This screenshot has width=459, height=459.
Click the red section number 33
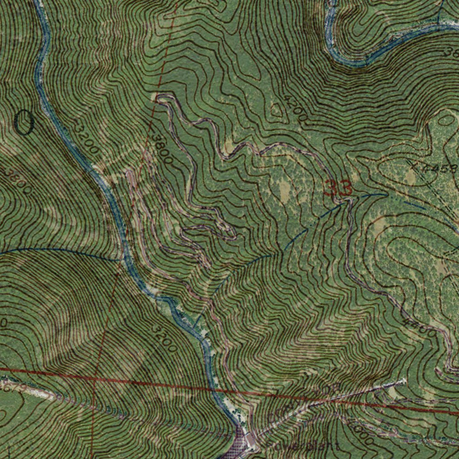[x=338, y=188]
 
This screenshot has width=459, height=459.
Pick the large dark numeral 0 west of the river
[x=23, y=122]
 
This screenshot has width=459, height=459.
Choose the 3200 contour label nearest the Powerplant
[x=164, y=338]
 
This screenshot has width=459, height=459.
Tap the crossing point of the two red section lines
[x=95, y=378]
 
